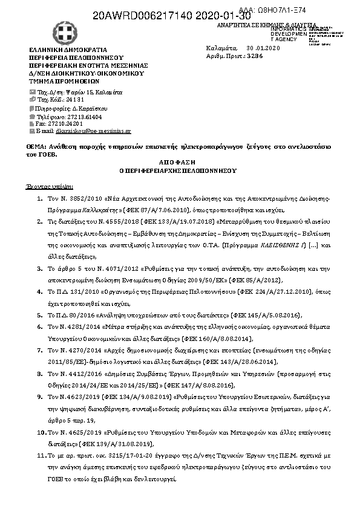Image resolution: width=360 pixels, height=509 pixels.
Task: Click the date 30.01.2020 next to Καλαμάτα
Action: pyautogui.click(x=260, y=47)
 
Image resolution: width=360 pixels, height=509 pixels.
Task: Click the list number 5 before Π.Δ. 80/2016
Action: pyautogui.click(x=40, y=315)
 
